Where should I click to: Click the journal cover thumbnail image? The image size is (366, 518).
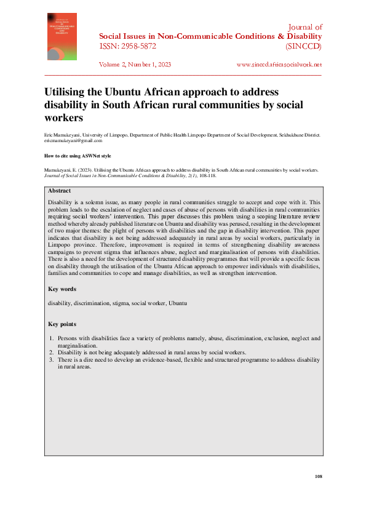[x=62, y=36]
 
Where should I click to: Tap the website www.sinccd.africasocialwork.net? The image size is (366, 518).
[x=279, y=64]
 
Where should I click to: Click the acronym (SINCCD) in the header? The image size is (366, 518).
[x=303, y=46]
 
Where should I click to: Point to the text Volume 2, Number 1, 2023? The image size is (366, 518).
[x=135, y=64]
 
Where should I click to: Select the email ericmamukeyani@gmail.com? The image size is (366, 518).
[x=73, y=140]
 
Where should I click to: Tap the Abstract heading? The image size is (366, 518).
[x=60, y=191]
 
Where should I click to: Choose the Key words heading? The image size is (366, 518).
[x=62, y=289]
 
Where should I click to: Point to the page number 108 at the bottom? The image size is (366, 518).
[x=318, y=477]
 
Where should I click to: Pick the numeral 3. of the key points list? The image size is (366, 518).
[x=51, y=359]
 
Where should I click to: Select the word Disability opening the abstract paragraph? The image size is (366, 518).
[x=60, y=202]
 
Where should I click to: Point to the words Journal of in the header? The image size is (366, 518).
[x=305, y=28]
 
